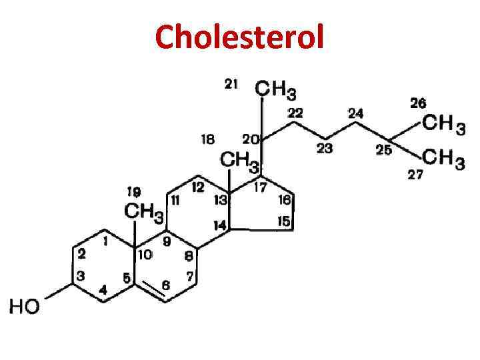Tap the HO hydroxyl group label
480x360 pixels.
[x=25, y=307]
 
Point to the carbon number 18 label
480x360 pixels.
[x=208, y=139]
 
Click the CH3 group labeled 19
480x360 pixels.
[x=145, y=213]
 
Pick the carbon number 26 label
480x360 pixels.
[x=419, y=103]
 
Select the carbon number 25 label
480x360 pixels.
[x=383, y=151]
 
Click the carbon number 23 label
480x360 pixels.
[x=324, y=148]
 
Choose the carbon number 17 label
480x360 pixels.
[x=260, y=187]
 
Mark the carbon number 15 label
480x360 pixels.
[x=284, y=221]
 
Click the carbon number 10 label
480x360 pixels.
[x=145, y=253]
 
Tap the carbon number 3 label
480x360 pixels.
[x=80, y=275]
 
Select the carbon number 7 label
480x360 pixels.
[x=189, y=275]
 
